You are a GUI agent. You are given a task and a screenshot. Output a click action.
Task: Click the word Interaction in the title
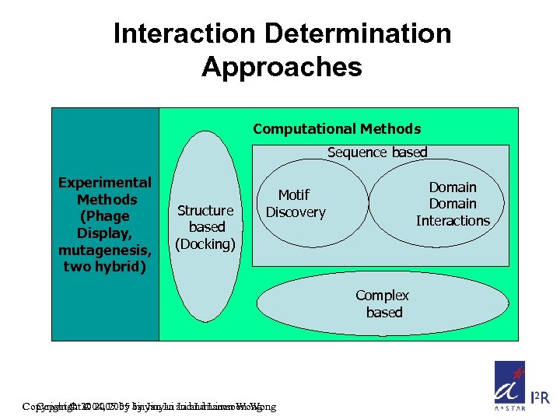[184, 33]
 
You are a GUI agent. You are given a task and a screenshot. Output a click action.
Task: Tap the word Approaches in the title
[282, 67]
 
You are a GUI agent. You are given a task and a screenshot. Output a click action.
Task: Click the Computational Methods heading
[337, 129]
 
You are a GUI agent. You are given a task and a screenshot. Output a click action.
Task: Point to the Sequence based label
[377, 152]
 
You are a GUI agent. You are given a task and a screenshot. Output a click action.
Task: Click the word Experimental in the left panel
[105, 183]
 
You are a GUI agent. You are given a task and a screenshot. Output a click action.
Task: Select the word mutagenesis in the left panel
[105, 250]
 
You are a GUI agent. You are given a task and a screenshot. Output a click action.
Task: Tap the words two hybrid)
[105, 267]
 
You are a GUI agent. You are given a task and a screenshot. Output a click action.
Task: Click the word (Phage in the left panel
[105, 216]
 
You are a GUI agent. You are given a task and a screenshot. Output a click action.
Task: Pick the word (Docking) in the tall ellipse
[205, 244]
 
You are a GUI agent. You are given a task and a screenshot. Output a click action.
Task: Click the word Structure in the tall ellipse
[205, 210]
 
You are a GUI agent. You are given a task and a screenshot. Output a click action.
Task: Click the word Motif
[294, 195]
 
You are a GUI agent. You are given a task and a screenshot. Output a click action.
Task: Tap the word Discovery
[296, 212]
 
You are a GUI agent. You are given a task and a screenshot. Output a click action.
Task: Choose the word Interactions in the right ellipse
[453, 221]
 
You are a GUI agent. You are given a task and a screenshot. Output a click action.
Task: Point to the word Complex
[382, 296]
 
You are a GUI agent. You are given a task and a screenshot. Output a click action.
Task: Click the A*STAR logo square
[509, 384]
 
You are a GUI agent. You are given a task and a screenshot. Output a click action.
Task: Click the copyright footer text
[149, 406]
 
